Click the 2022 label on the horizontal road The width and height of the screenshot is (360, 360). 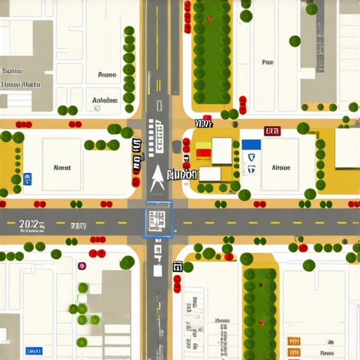30,224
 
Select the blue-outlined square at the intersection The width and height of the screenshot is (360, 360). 157,219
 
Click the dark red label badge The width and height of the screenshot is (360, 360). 272,131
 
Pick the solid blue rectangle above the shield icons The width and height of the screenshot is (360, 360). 251,144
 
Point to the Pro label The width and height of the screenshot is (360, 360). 267,63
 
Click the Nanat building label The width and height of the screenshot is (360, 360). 62,168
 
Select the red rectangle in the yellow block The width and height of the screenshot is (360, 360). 204,152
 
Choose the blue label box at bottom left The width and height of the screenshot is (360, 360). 33,350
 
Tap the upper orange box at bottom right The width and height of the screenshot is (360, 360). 294,341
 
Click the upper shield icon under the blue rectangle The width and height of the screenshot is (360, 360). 252,158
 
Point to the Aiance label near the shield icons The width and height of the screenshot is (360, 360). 281,168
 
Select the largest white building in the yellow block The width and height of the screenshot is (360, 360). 221,150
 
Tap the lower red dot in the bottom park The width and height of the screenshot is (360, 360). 261,322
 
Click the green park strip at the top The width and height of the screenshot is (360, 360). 212,53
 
